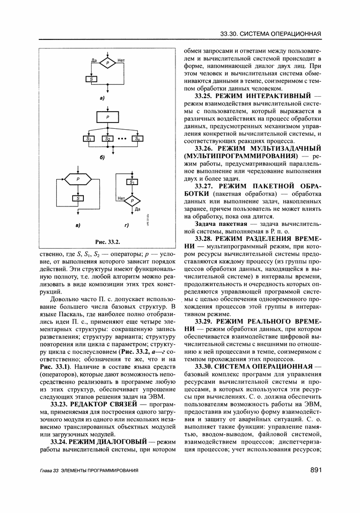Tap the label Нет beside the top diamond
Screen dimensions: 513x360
tap(122, 60)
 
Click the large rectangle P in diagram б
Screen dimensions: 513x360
tap(107, 117)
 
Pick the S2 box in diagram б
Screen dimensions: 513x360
tap(107, 138)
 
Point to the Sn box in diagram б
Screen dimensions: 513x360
tap(137, 138)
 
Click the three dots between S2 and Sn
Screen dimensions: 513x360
tap(122, 138)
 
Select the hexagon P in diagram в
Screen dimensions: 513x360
tap(78, 180)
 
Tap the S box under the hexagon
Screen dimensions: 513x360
tap(78, 198)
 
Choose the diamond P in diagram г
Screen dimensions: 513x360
tap(132, 200)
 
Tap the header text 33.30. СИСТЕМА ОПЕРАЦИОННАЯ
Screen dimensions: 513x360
tap(271, 34)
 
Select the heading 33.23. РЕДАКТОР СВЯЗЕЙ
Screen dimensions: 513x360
tap(93, 404)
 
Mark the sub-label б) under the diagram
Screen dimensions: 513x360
tap(102, 157)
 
